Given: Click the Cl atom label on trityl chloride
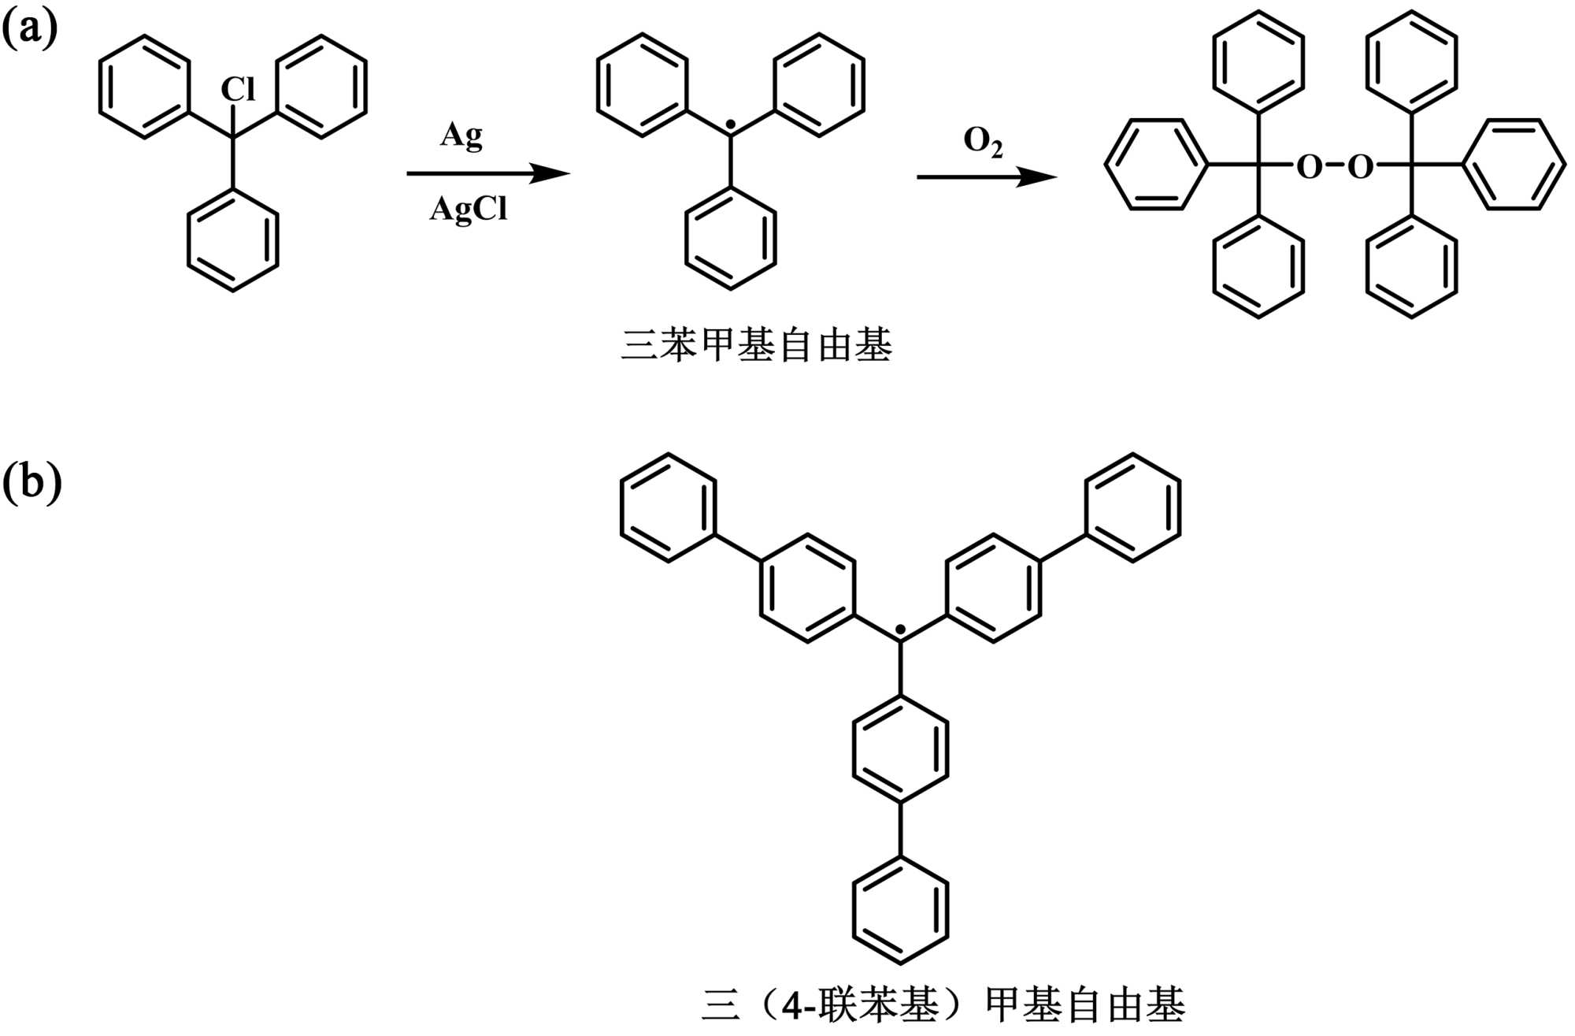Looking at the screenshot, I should click(x=238, y=89).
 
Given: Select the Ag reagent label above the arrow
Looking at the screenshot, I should click(x=461, y=136).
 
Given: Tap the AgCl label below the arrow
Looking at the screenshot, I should click(x=469, y=209).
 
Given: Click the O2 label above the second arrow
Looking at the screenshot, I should click(x=983, y=142).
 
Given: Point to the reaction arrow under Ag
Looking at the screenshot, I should click(x=488, y=173).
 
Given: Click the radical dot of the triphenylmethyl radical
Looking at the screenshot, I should click(x=731, y=125).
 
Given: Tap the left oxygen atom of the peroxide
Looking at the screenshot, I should click(x=1309, y=166).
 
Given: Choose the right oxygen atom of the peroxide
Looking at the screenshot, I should click(x=1360, y=166).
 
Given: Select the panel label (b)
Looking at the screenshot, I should click(x=31, y=481).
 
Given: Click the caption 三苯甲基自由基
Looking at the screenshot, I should click(x=756, y=346).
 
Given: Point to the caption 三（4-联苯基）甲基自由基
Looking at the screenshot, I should click(x=943, y=1004).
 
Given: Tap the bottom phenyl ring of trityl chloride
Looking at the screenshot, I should click(x=232, y=240).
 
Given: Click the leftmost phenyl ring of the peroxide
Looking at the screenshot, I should click(x=1156, y=165).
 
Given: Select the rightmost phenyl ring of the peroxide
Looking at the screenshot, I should click(x=1514, y=165).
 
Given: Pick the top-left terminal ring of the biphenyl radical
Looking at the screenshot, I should click(x=669, y=507).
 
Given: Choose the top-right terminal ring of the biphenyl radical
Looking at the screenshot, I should click(x=1132, y=507).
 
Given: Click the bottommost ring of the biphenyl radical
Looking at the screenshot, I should click(x=900, y=910).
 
